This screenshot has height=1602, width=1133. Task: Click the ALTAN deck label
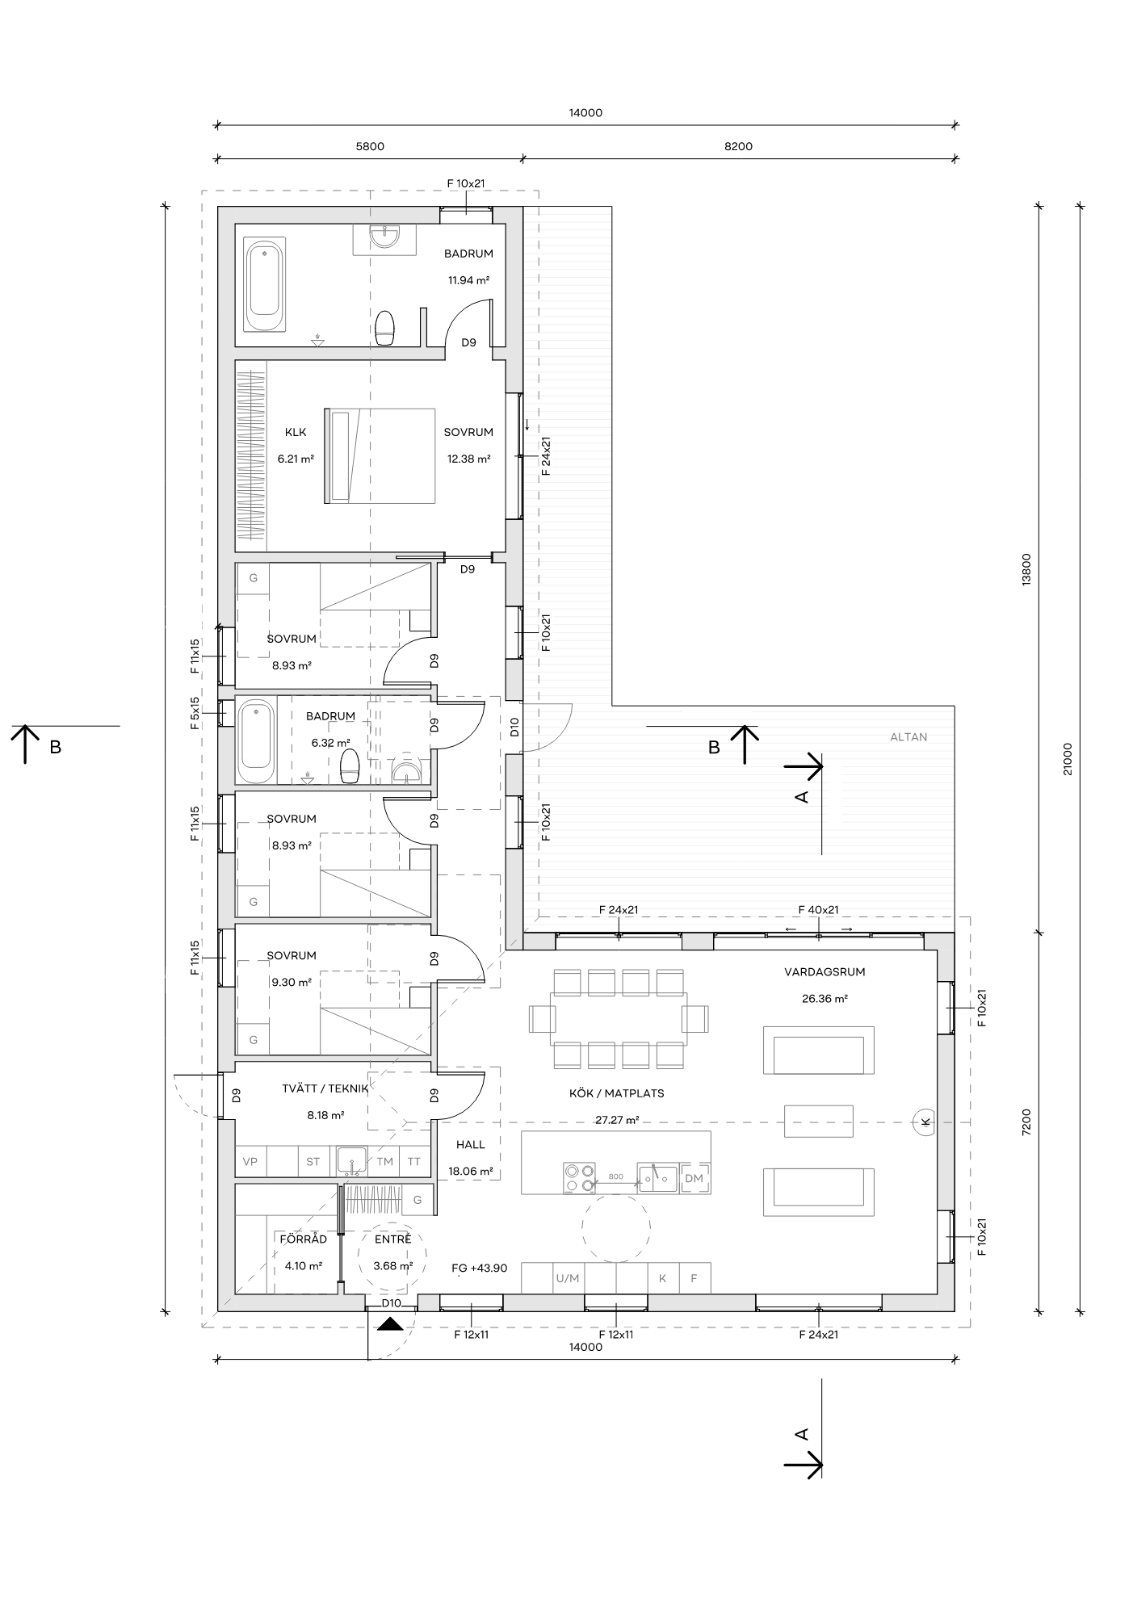click(908, 736)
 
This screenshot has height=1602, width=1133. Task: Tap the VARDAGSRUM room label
click(825, 971)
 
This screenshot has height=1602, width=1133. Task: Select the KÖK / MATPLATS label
click(617, 1093)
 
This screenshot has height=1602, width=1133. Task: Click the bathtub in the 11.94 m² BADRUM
click(266, 285)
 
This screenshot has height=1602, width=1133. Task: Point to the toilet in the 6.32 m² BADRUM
click(350, 766)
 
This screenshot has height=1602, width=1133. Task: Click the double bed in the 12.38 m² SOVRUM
click(380, 456)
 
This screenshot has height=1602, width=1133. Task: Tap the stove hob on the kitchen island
click(579, 1177)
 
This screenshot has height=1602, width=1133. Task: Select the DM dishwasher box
click(694, 1178)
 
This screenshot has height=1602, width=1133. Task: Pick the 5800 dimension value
click(370, 146)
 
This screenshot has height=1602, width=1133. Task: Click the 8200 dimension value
click(738, 146)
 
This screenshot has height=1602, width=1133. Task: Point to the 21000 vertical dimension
click(1068, 759)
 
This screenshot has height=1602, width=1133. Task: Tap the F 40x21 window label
click(819, 910)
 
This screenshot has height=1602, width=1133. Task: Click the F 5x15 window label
click(195, 714)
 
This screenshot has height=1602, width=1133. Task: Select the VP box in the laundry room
click(250, 1162)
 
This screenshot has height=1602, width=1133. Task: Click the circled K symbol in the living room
click(925, 1122)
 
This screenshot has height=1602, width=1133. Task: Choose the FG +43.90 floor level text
click(480, 1268)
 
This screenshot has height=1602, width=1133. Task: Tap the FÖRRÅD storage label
click(304, 1239)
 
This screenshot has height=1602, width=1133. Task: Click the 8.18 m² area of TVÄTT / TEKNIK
click(325, 1115)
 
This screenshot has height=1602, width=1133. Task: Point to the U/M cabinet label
click(568, 1278)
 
